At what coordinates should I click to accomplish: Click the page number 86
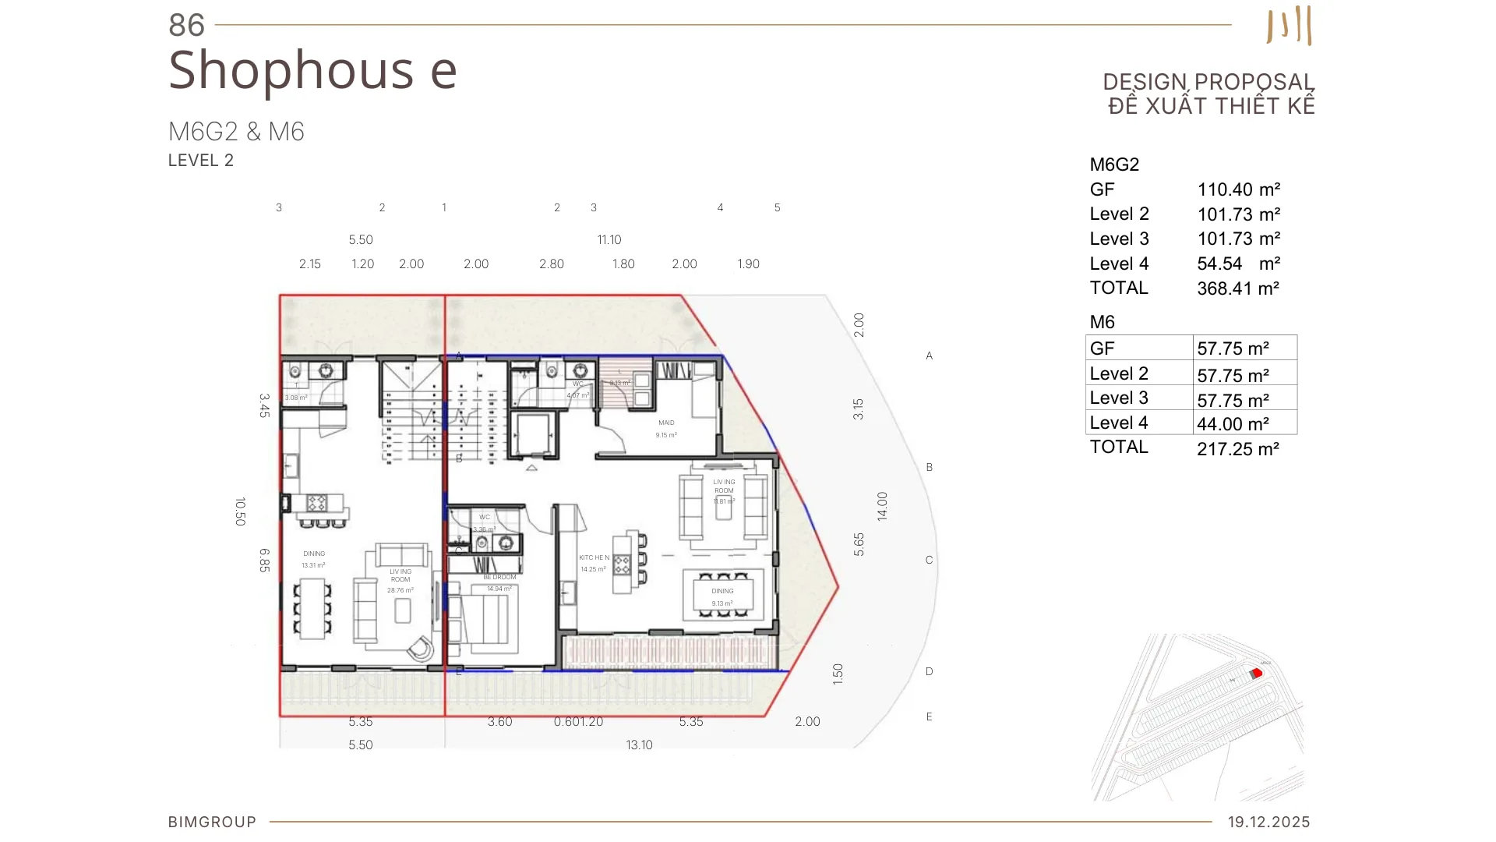(186, 26)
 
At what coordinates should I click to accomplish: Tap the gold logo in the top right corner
(1290, 26)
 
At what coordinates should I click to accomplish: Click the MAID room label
(666, 423)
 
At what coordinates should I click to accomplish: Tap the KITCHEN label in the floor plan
(594, 557)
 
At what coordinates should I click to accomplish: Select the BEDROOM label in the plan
(499, 577)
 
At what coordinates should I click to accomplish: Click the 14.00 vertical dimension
(882, 506)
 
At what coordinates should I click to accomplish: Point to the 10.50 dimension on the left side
(240, 511)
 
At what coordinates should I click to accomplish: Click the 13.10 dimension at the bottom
(639, 745)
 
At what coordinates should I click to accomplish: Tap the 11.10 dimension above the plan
(609, 240)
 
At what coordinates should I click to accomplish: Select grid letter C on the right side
(929, 560)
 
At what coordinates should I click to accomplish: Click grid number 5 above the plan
(777, 207)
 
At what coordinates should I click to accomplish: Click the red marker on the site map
(1256, 673)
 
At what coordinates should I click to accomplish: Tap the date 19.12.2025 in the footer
(1268, 822)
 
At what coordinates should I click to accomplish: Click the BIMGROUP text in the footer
(212, 822)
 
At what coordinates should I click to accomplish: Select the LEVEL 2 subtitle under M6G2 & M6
(201, 161)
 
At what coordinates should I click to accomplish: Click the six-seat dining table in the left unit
(312, 609)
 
